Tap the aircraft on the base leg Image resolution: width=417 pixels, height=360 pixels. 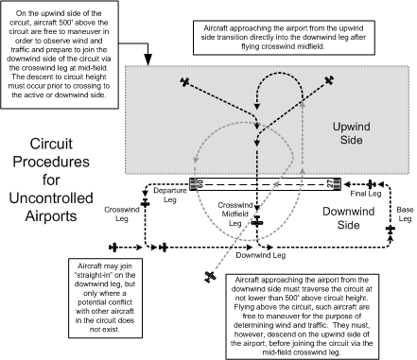pos(390,228)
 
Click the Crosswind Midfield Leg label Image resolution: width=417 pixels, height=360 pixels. pos(234,214)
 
